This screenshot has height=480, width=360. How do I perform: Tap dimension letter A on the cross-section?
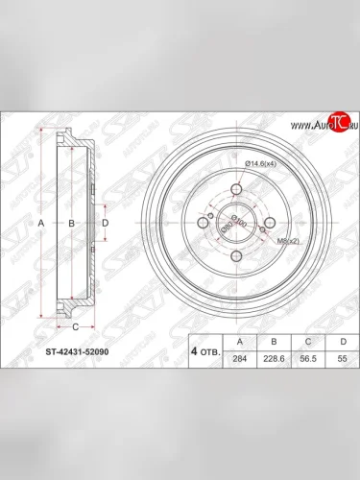click(40, 223)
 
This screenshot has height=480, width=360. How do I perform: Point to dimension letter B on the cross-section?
click(71, 223)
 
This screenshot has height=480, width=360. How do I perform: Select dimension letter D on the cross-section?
click(105, 223)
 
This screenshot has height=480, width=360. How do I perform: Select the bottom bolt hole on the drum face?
click(232, 255)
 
